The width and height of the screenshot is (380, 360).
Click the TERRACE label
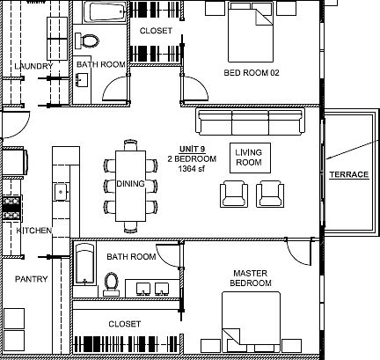[349, 174]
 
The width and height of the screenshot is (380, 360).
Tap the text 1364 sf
[192, 169]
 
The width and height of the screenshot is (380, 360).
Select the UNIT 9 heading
[192, 149]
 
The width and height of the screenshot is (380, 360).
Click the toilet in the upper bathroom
[87, 40]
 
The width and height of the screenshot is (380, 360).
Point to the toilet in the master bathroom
[112, 284]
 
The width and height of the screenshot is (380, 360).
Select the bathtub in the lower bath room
[84, 263]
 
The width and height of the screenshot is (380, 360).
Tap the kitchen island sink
[62, 192]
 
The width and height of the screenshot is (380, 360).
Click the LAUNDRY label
[33, 66]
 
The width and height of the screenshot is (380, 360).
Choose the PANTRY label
[32, 279]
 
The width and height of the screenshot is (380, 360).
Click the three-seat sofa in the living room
[250, 121]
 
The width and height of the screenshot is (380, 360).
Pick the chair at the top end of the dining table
[130, 145]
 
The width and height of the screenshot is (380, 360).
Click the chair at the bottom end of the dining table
[130, 227]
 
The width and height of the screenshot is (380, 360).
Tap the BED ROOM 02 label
[252, 72]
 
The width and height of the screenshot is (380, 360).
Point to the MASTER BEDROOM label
[251, 278]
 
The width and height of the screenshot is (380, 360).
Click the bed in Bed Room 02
[251, 32]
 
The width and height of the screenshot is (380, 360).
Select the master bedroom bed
[251, 322]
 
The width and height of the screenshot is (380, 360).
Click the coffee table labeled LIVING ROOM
[250, 158]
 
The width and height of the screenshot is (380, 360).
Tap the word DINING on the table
[131, 184]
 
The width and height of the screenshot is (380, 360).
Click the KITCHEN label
[34, 231]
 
